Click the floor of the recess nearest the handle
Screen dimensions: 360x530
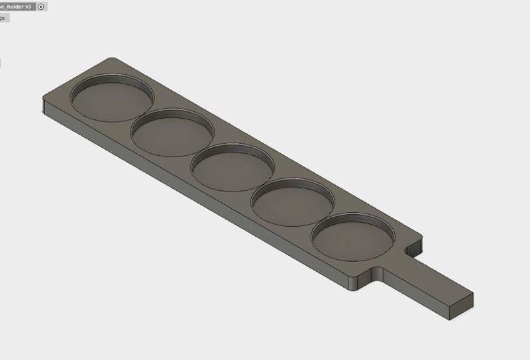(x=352, y=240)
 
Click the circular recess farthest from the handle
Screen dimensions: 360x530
(x=111, y=99)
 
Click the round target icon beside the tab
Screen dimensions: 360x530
(x=41, y=6)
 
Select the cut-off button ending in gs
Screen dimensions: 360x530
(x=3, y=18)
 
